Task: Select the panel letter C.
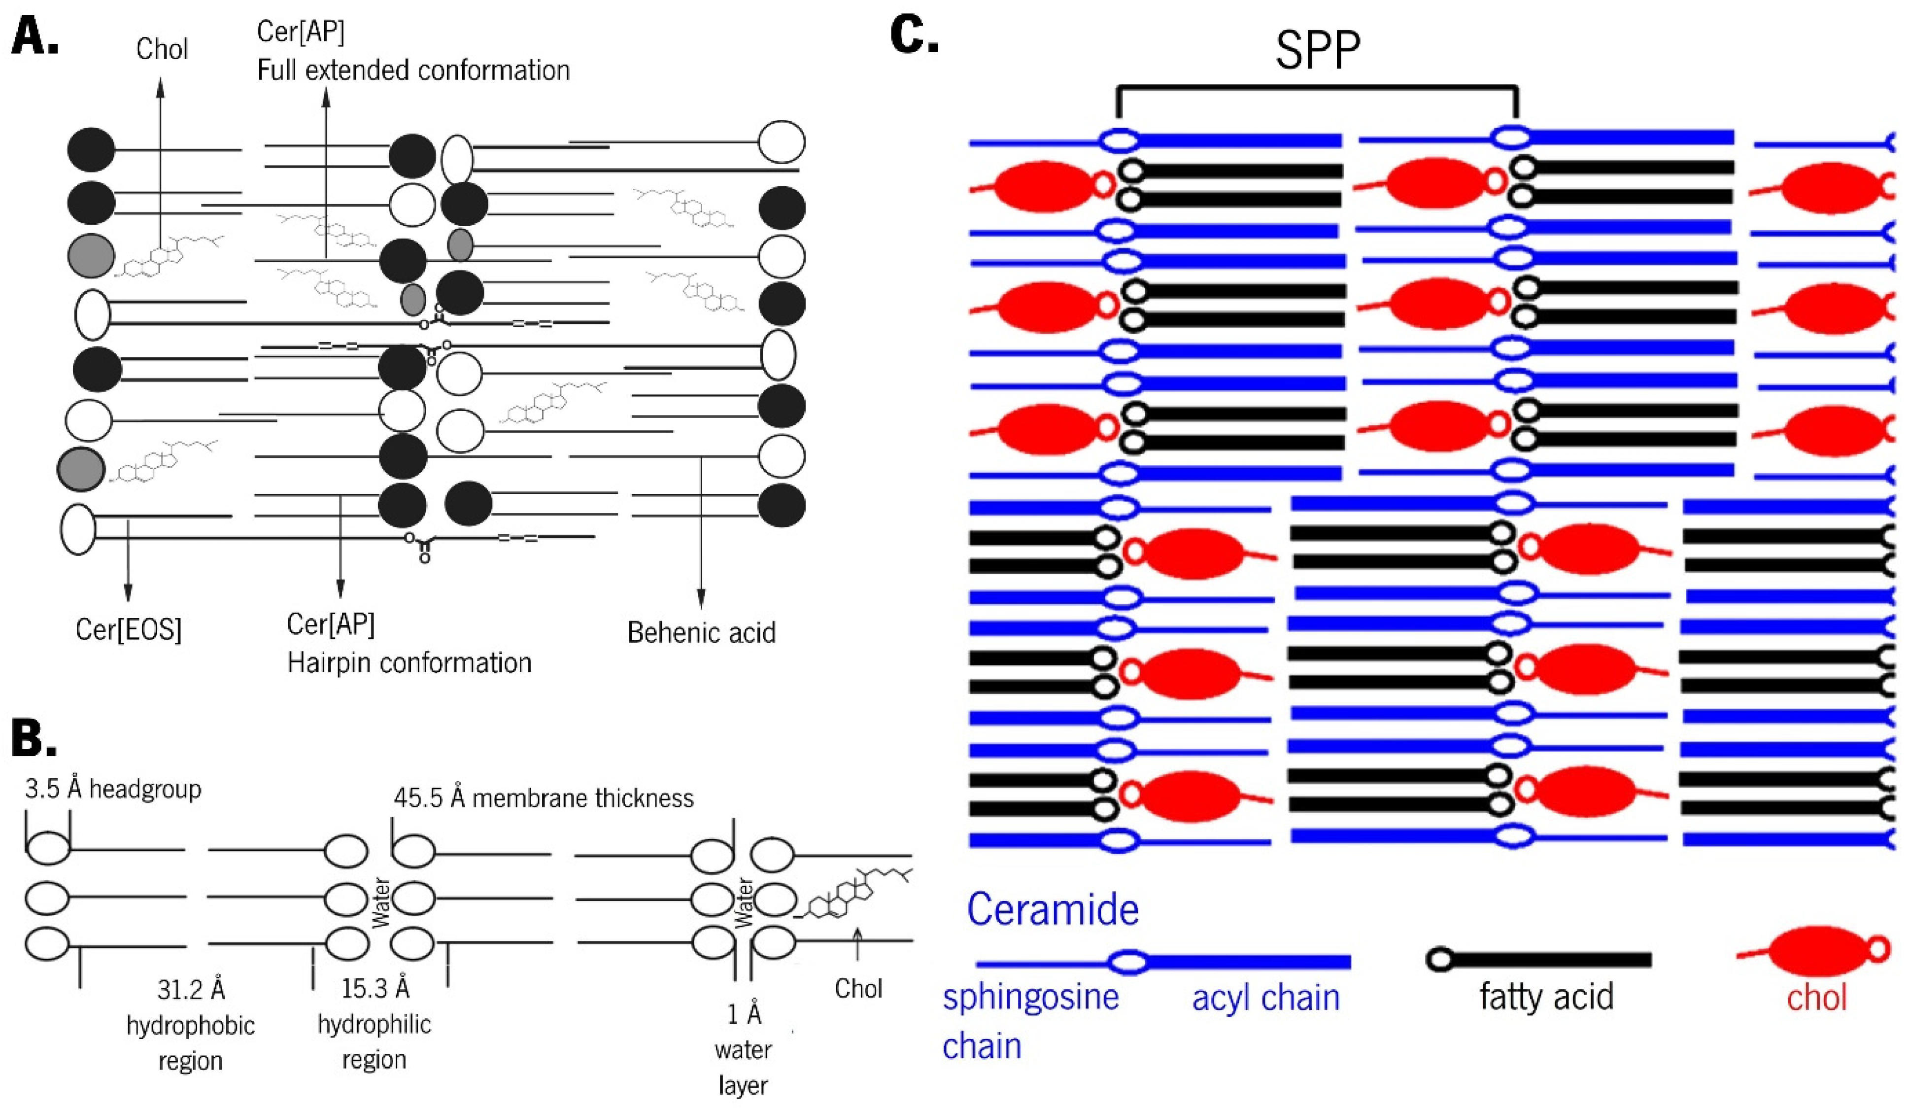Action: coord(915,34)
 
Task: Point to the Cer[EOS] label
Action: coord(129,629)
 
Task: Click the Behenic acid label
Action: coord(702,632)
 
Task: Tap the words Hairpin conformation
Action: coord(409,663)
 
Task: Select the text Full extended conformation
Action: coord(413,70)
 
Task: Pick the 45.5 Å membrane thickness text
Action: coord(544,797)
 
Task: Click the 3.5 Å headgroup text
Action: coord(114,789)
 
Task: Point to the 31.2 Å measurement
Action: coord(191,989)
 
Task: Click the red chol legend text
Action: coord(1816,998)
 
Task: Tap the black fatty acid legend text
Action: coord(1547,997)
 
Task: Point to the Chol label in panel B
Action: coord(858,989)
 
